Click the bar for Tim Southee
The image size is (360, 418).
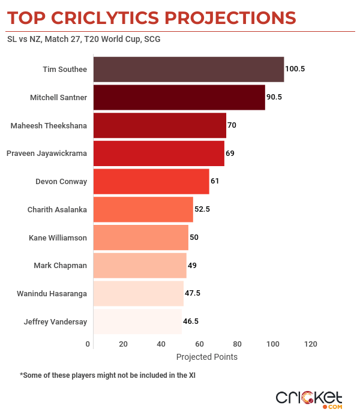pos(189,70)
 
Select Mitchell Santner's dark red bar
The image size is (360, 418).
pos(179,97)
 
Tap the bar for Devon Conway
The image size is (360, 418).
pos(151,182)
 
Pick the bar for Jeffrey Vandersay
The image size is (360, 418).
pos(137,321)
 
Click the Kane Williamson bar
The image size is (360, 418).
pos(141,237)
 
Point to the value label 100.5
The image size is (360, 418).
pos(295,69)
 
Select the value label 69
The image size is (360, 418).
pos(230,154)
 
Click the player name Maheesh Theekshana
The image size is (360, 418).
pos(49,125)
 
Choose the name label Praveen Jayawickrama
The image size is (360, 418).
pos(46,154)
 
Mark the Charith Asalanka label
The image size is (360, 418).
pos(57,209)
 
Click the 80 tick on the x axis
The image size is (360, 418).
pos(237,344)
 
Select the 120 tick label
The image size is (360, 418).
pos(310,344)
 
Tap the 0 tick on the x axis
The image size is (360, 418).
pos(88,344)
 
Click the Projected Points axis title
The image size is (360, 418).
pos(207,357)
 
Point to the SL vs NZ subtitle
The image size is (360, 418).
pos(83,40)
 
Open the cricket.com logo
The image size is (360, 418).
pos(309,399)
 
